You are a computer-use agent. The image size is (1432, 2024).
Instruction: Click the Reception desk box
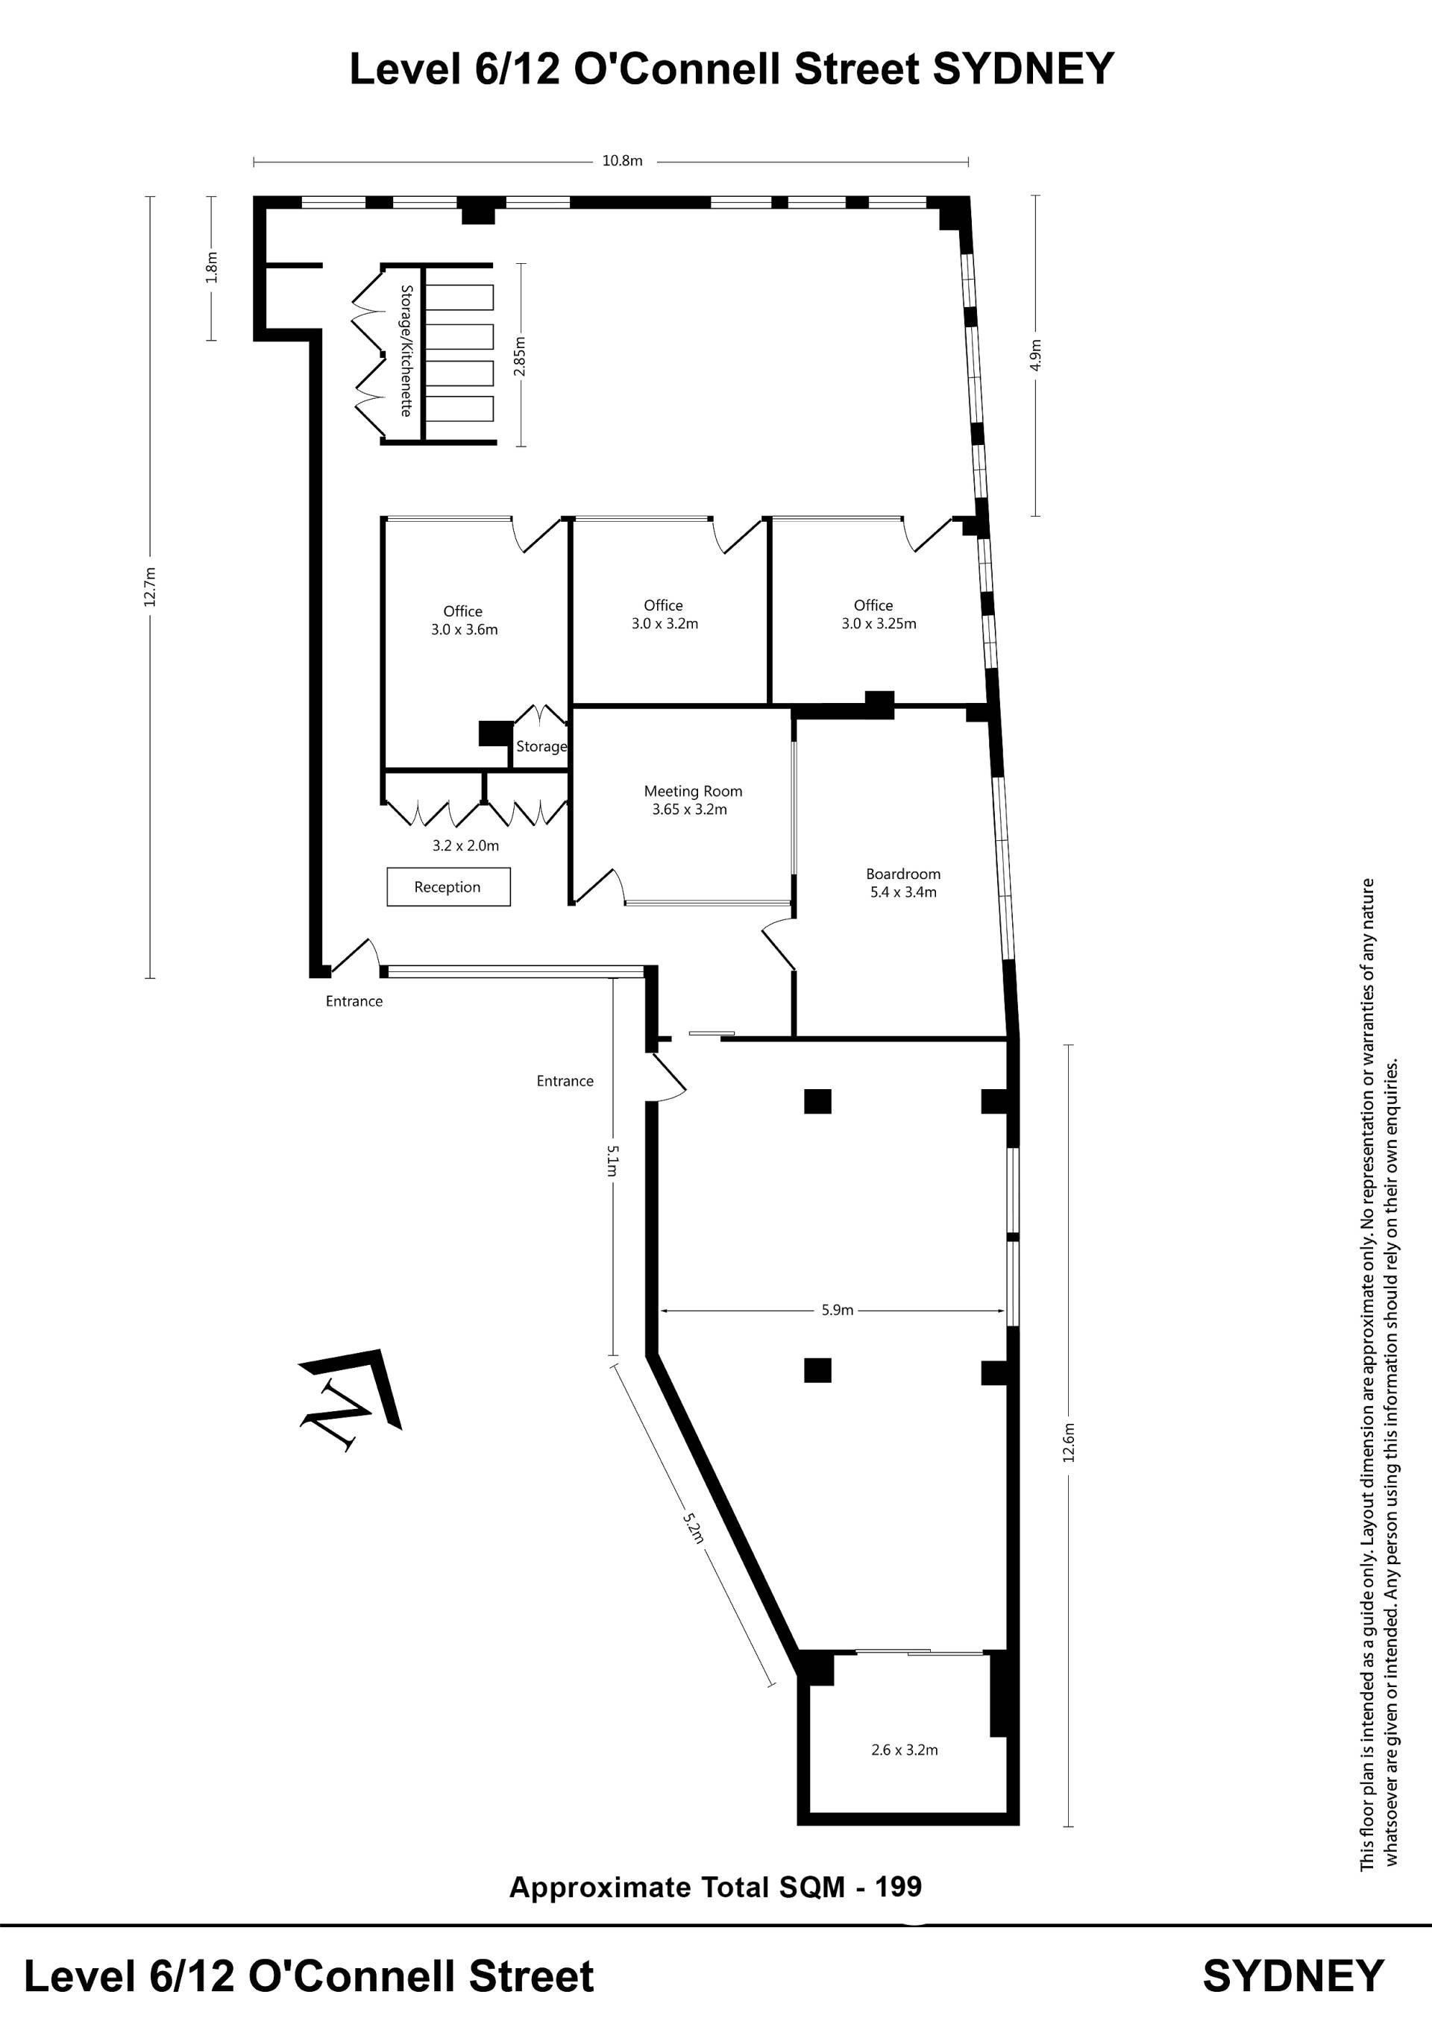(448, 887)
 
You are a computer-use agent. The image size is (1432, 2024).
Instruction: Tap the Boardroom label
(903, 874)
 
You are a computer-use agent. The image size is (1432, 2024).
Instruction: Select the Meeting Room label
(693, 792)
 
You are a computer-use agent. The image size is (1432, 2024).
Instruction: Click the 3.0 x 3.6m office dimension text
(465, 629)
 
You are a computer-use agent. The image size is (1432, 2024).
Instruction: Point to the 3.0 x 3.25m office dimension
(879, 623)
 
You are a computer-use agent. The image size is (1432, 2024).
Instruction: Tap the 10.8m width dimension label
(623, 161)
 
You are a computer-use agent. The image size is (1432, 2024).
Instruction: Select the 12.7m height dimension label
(151, 586)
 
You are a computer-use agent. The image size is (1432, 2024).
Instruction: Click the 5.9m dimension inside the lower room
(838, 1310)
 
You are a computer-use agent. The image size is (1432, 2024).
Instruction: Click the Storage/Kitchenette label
(406, 351)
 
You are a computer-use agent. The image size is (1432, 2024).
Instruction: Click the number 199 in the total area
(899, 1887)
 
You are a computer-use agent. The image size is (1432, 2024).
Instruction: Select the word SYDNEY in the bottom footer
(1293, 1976)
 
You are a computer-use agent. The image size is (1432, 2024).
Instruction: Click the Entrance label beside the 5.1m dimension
(565, 1081)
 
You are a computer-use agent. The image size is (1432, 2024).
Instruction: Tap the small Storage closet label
(541, 747)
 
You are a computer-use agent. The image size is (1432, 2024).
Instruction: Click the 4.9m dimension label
(1036, 356)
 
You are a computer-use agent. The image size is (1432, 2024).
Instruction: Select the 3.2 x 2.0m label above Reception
(465, 845)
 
